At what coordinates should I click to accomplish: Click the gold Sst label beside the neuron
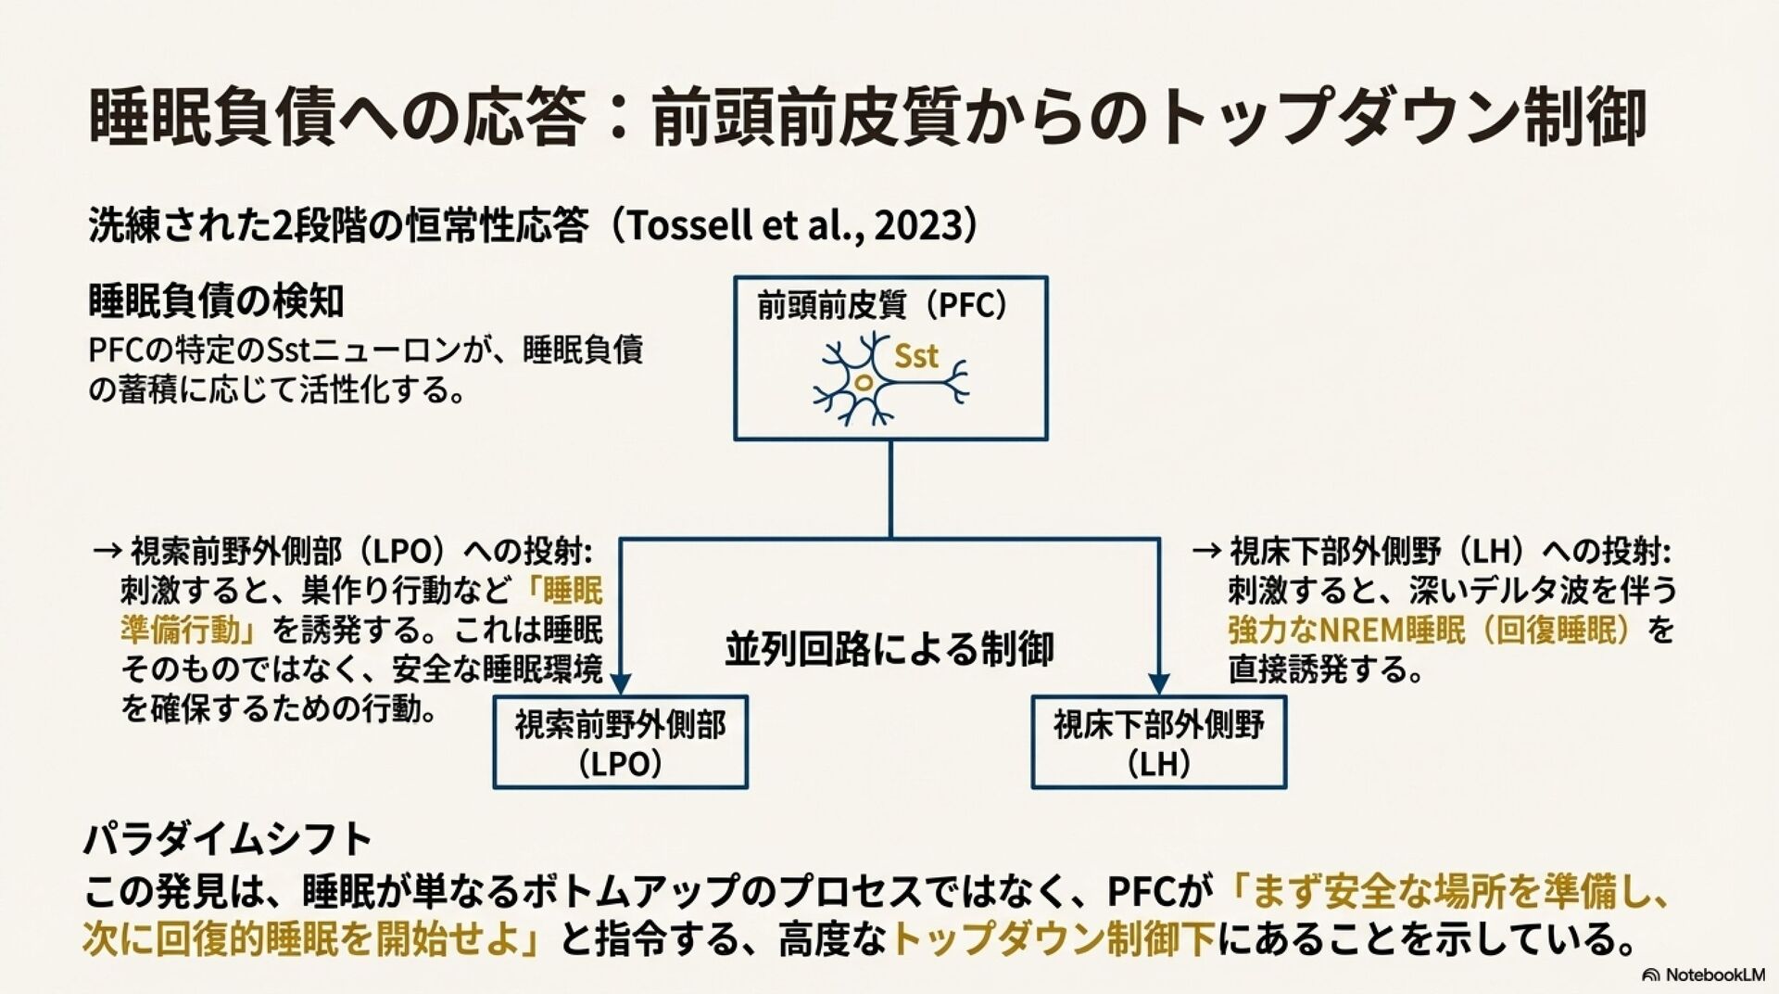click(x=915, y=356)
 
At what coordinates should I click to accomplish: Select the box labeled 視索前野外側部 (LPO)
click(x=620, y=743)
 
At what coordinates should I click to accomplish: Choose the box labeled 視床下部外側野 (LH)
click(x=1158, y=743)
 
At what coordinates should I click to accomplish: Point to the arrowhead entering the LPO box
click(x=620, y=684)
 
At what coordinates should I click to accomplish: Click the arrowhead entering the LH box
click(x=1158, y=684)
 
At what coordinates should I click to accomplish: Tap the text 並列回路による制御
click(x=889, y=648)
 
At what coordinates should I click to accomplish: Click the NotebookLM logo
click(x=1703, y=975)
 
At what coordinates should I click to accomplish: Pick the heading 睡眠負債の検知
click(x=216, y=300)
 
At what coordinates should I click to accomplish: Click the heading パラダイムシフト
click(x=228, y=840)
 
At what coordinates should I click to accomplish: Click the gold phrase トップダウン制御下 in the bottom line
click(x=1053, y=939)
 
